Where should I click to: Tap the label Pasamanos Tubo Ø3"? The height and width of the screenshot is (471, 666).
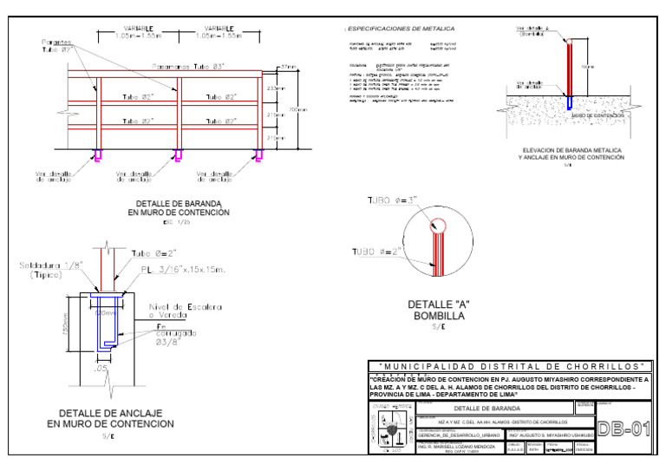click(x=202, y=66)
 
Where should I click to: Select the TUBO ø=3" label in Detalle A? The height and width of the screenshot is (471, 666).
click(x=390, y=200)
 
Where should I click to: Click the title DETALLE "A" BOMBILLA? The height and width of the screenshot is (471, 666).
click(x=439, y=311)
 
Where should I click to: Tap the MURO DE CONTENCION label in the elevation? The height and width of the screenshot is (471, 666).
click(x=593, y=114)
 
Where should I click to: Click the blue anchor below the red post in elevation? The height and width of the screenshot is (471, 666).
click(x=569, y=102)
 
